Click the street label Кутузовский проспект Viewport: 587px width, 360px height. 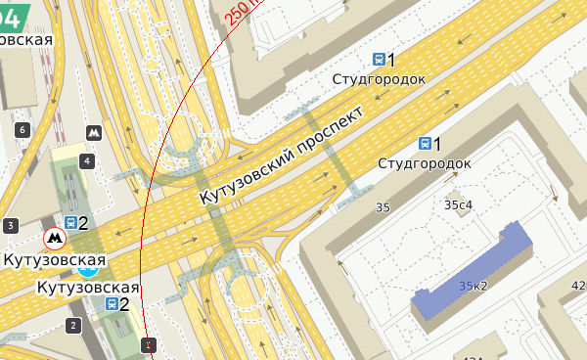(281, 155)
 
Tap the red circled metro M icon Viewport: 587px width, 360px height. (54, 237)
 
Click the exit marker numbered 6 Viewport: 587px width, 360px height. (22, 129)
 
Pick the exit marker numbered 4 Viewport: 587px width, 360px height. (87, 160)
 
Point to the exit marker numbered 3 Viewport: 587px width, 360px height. (11, 226)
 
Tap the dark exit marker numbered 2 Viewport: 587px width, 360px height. (72, 325)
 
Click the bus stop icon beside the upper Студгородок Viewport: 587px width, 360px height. (379, 60)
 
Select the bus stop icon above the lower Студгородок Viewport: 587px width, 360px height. (425, 144)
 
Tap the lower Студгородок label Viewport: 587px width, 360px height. (425, 162)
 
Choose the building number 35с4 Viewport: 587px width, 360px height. (458, 204)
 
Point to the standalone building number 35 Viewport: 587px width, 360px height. (383, 207)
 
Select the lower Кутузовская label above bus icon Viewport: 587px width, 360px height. (88, 288)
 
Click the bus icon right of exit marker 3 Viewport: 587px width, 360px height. (70, 223)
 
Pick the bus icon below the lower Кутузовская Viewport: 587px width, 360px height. (112, 304)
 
